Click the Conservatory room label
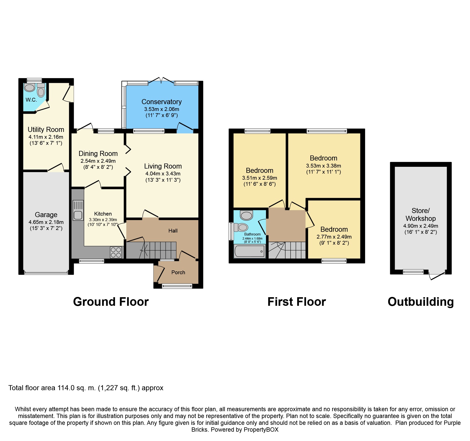click(161, 102)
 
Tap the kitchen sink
click(78, 210)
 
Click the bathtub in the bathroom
click(250, 251)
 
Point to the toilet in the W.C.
click(41, 90)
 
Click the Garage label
click(46, 215)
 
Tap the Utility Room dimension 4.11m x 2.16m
click(46, 137)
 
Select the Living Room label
click(163, 166)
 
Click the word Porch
click(178, 272)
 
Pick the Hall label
click(173, 230)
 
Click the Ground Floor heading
click(111, 301)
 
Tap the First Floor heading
click(297, 301)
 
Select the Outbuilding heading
click(421, 302)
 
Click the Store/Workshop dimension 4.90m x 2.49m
click(420, 226)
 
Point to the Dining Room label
click(98, 153)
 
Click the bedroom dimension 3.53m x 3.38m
click(323, 166)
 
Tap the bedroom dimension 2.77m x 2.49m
click(334, 237)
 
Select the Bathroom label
click(252, 234)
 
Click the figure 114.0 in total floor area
click(66, 388)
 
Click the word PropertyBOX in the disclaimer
click(261, 430)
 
